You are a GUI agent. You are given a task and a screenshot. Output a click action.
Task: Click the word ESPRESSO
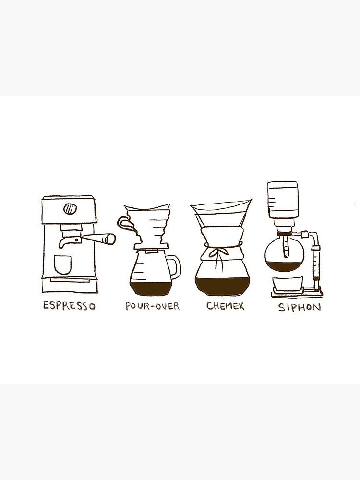click(69, 306)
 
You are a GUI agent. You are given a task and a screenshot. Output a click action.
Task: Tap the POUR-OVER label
click(152, 306)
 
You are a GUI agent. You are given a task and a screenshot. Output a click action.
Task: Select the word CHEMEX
click(225, 305)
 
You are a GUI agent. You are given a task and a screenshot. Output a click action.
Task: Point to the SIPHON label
click(299, 307)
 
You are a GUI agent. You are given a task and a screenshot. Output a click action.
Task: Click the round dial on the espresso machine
click(70, 209)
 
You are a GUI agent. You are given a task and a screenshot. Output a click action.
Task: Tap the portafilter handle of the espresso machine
click(98, 238)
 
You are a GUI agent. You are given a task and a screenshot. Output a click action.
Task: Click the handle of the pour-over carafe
click(176, 267)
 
